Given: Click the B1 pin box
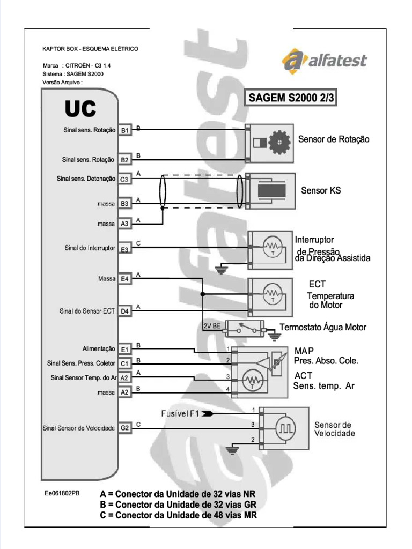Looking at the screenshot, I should (124, 130).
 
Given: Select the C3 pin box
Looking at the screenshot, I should (124, 179).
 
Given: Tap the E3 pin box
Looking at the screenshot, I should (124, 249).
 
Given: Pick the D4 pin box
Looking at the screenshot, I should (124, 311).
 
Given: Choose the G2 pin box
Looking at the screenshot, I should (124, 428).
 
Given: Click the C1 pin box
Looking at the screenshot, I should (124, 363).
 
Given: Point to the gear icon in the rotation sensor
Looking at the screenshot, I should (279, 143).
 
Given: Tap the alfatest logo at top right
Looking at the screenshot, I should (325, 60).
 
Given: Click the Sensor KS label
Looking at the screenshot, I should (321, 190).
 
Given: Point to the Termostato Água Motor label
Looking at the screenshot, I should (323, 327).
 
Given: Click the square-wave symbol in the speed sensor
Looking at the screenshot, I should (283, 427).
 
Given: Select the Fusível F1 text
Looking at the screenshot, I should (180, 413).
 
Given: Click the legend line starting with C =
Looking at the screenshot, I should (178, 515).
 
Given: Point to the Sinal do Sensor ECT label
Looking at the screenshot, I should (87, 311).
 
